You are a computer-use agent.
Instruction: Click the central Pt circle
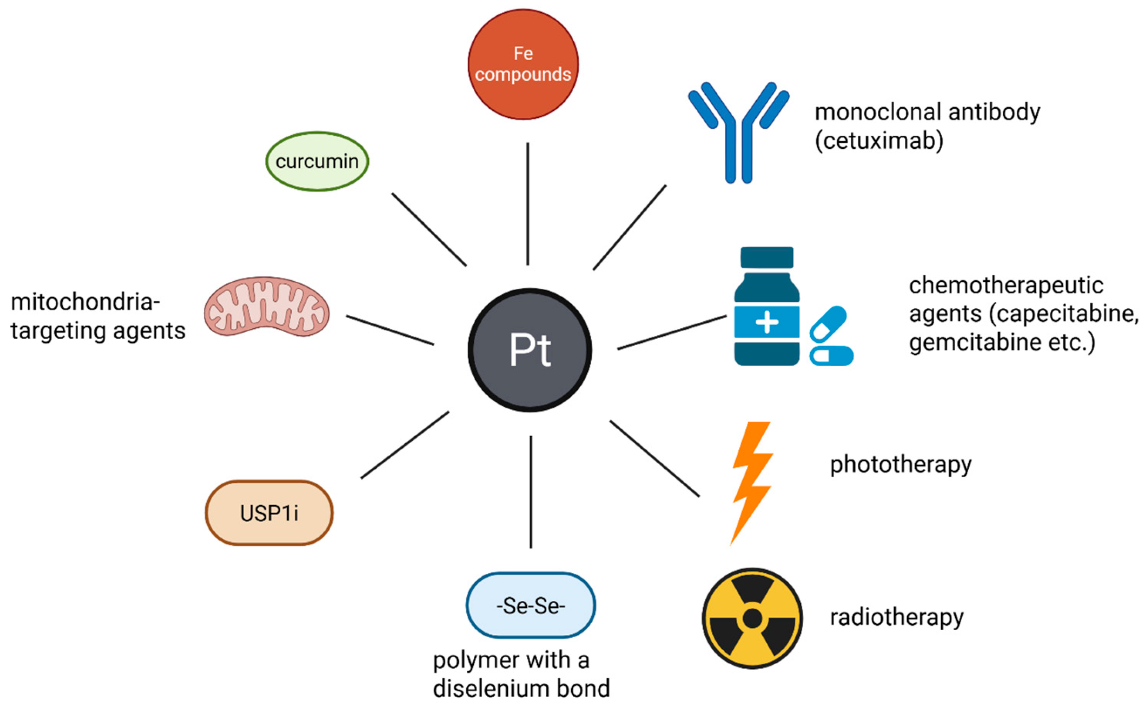pos(529,350)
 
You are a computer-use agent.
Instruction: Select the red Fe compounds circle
pos(523,64)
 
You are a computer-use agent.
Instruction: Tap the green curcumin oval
pos(317,161)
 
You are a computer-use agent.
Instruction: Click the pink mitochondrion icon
pos(267,307)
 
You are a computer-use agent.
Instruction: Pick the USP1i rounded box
pos(269,513)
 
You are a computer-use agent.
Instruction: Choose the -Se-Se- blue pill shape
pos(530,605)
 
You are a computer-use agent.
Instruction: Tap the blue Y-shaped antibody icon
pos(738,131)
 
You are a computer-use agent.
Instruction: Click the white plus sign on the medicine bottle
pos(767,322)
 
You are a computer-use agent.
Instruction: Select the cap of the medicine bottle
pos(767,257)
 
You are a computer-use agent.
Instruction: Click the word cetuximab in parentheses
pos(879,141)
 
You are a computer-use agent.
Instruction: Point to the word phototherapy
pos(901,465)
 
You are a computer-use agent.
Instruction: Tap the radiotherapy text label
pos(897,617)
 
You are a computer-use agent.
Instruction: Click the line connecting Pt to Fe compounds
pos(527,204)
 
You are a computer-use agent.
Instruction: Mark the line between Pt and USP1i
pos(405,445)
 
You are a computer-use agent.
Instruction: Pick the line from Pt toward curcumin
pos(429,229)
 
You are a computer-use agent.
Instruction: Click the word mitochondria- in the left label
pos(85,302)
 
